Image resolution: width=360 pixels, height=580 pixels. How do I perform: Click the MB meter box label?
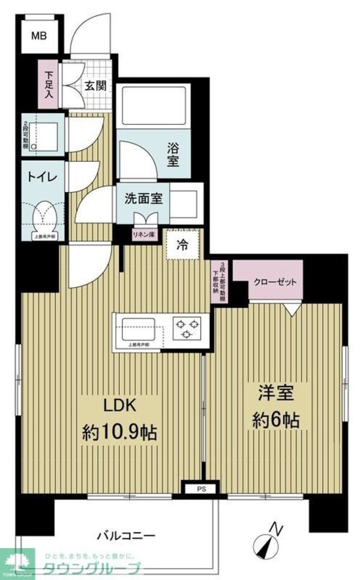tap(39, 35)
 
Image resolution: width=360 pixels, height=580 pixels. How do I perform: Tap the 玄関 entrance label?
tap(95, 86)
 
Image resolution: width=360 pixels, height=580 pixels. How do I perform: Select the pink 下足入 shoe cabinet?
tap(49, 85)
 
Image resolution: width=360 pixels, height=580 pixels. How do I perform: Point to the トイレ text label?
tap(41, 177)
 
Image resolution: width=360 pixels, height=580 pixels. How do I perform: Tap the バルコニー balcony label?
tap(127, 534)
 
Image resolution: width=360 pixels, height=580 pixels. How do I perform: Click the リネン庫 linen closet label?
tap(145, 233)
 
